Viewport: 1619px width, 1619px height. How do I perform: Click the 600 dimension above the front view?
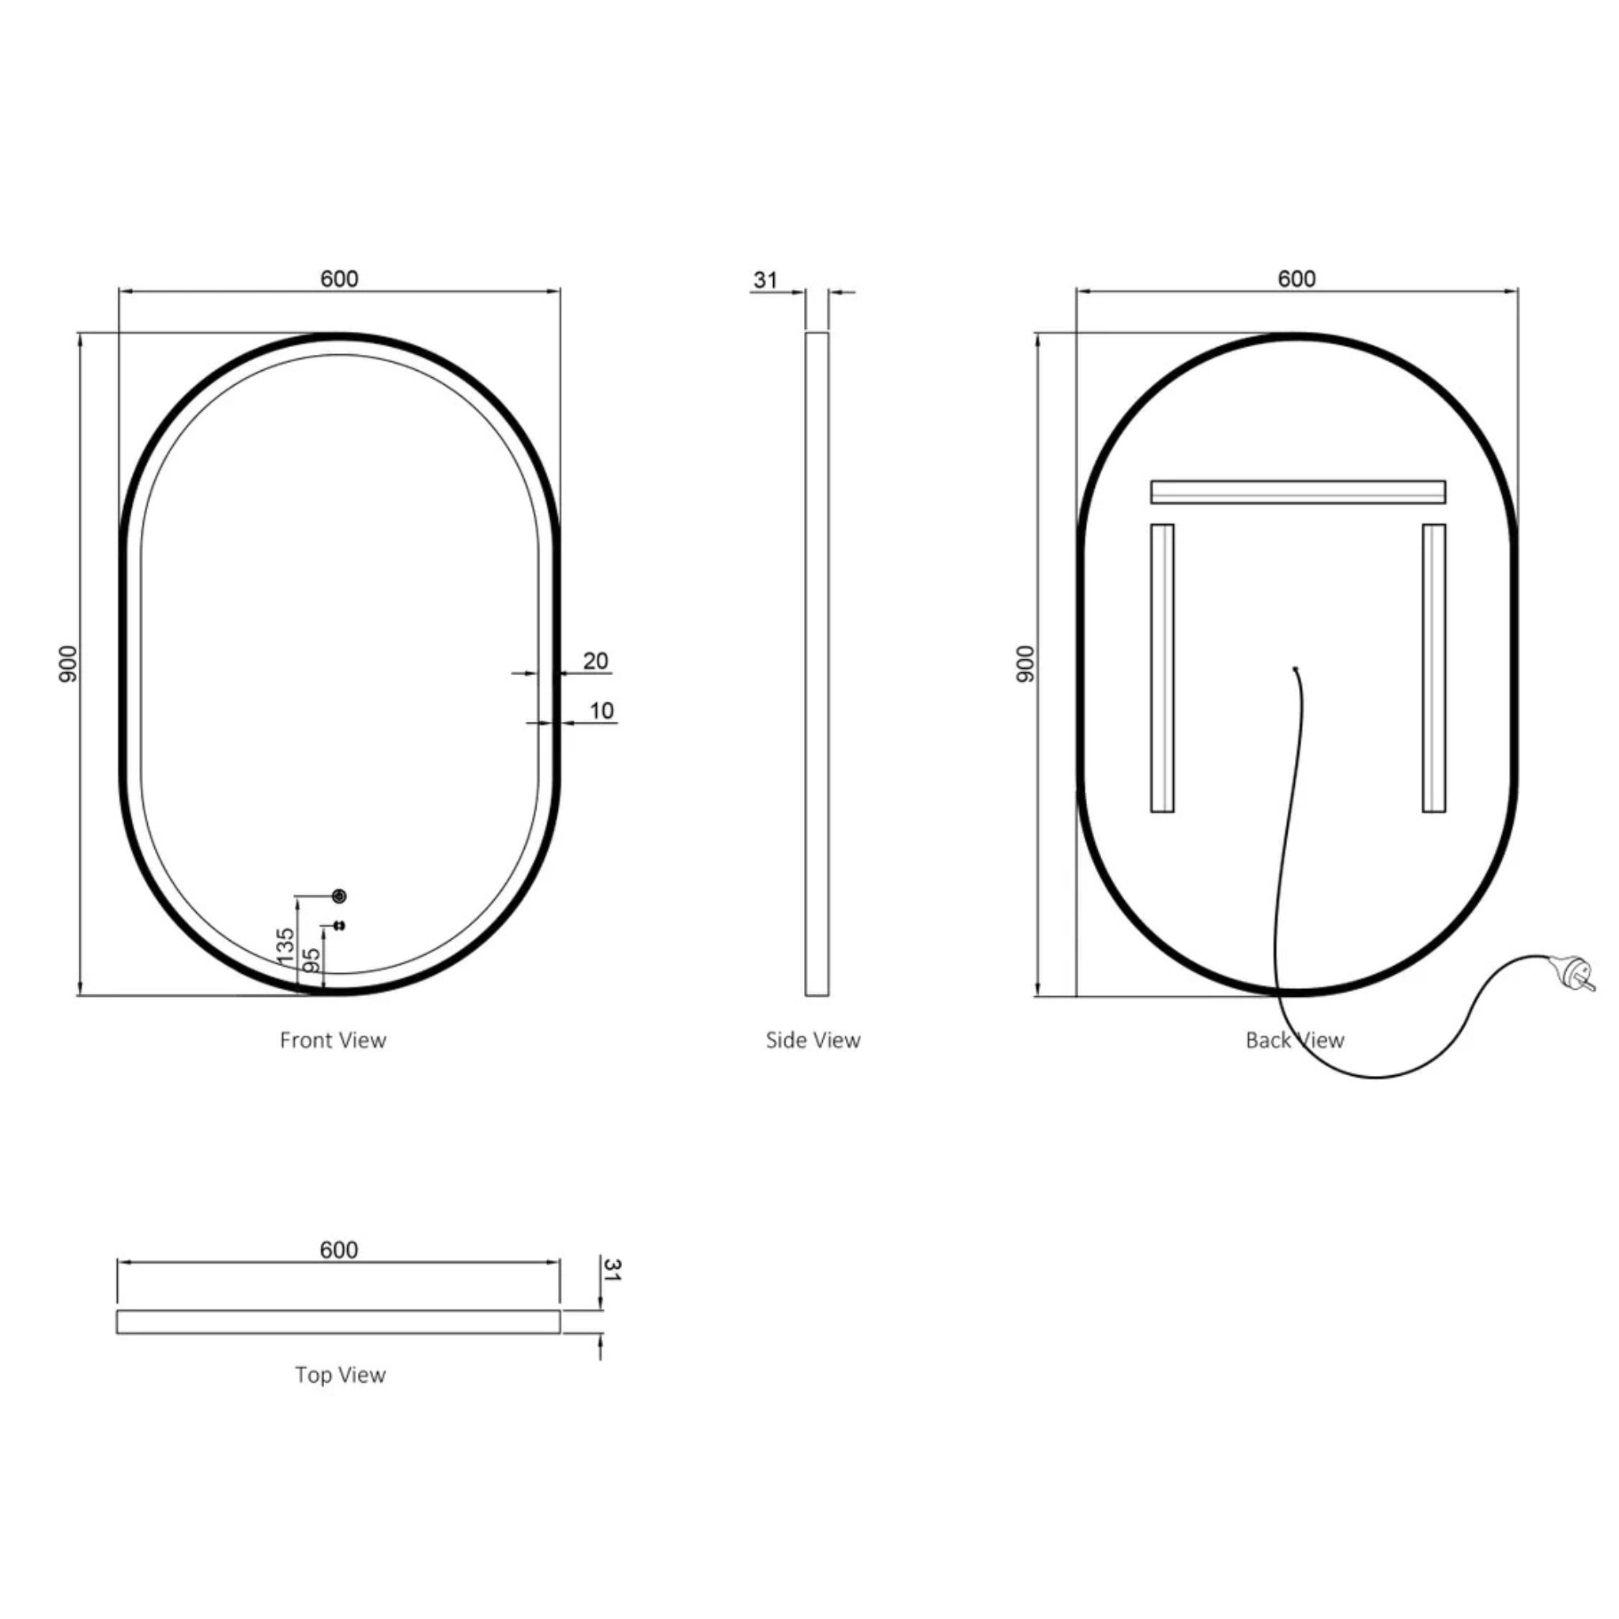(x=338, y=278)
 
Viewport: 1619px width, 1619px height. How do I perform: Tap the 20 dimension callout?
(x=595, y=661)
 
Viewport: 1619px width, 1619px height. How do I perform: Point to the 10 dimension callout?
(x=602, y=711)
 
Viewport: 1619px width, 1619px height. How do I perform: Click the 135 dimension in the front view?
(x=285, y=945)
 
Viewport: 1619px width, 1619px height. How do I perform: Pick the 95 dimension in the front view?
(x=311, y=960)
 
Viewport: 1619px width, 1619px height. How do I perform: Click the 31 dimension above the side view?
(x=765, y=280)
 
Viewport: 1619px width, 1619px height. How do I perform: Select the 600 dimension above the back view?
(x=1296, y=278)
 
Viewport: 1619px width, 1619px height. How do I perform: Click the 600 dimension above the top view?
(x=338, y=1250)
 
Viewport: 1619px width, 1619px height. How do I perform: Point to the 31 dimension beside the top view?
(x=612, y=1269)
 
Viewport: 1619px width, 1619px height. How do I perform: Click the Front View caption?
(x=333, y=1040)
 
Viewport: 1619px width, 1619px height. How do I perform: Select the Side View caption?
(x=813, y=1040)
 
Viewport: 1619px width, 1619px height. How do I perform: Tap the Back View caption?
(x=1295, y=1040)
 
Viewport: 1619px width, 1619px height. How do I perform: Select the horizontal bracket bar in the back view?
(x=1297, y=492)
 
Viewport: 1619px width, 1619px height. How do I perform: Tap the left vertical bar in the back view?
(x=1161, y=668)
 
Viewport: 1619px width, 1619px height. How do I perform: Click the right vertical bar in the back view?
(x=1433, y=668)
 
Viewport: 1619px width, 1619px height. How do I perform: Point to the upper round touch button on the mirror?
(x=339, y=896)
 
